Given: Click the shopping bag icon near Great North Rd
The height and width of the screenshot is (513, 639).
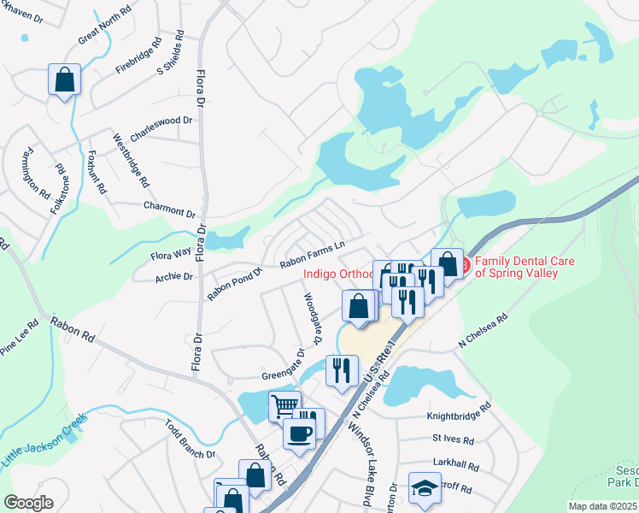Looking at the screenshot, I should tap(64, 80).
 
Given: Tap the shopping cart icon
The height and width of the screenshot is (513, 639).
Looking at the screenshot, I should tap(284, 404).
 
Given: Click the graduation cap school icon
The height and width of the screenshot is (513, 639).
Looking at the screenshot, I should tap(425, 487).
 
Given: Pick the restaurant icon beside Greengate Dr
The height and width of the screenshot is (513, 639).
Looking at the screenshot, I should tap(341, 370).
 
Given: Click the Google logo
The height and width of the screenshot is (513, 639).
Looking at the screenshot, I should tap(29, 503).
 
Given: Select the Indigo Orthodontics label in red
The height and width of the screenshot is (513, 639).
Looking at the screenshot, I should tap(338, 274).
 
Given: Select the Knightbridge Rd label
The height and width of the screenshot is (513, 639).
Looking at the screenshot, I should tap(459, 418).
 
